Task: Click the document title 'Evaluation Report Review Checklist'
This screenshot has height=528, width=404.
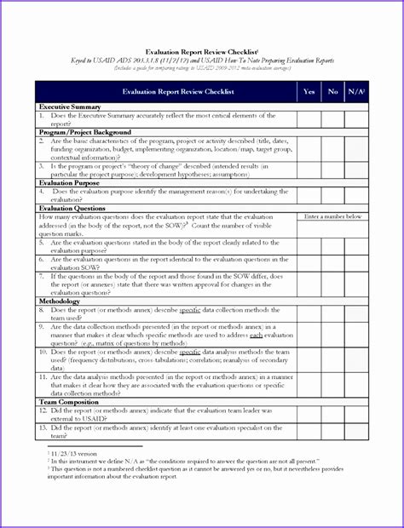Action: pos(202,51)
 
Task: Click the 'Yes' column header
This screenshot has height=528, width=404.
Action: pos(309,91)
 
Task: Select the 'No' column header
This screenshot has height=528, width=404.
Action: pos(333,91)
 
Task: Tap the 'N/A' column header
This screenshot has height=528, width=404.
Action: pos(357,91)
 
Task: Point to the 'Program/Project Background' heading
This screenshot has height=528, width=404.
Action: pos(85,133)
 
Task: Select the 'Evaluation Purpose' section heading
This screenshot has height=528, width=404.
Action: pos(72,182)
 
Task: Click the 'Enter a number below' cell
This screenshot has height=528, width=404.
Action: pos(332,217)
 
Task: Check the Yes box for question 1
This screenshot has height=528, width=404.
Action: pos(309,119)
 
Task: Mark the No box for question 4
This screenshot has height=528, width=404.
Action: pos(333,195)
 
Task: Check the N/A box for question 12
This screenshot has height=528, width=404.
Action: pos(357,415)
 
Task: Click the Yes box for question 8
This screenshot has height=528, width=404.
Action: pos(309,314)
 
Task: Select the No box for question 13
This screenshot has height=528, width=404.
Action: pos(333,432)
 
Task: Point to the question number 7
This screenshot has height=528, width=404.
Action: pos(42,276)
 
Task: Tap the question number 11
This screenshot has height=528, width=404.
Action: pos(43,376)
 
